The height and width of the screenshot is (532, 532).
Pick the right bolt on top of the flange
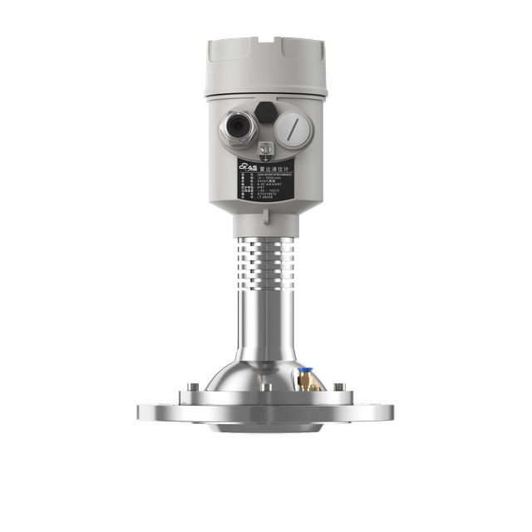pyautogui.click(x=339, y=387)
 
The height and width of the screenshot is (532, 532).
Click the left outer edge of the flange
pyautogui.click(x=140, y=411)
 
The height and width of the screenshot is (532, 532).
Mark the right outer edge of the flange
pyautogui.click(x=392, y=411)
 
